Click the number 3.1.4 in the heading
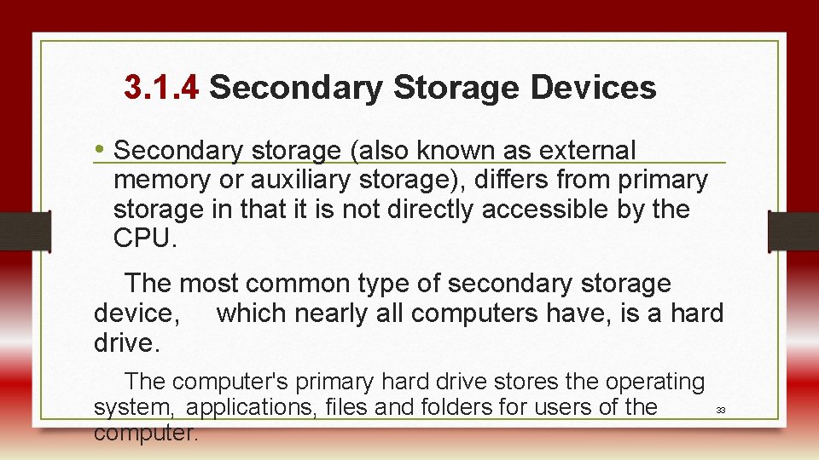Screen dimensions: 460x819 (161, 87)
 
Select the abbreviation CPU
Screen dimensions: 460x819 (142, 238)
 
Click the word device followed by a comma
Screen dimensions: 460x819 (136, 313)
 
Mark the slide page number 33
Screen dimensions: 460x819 (720, 411)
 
